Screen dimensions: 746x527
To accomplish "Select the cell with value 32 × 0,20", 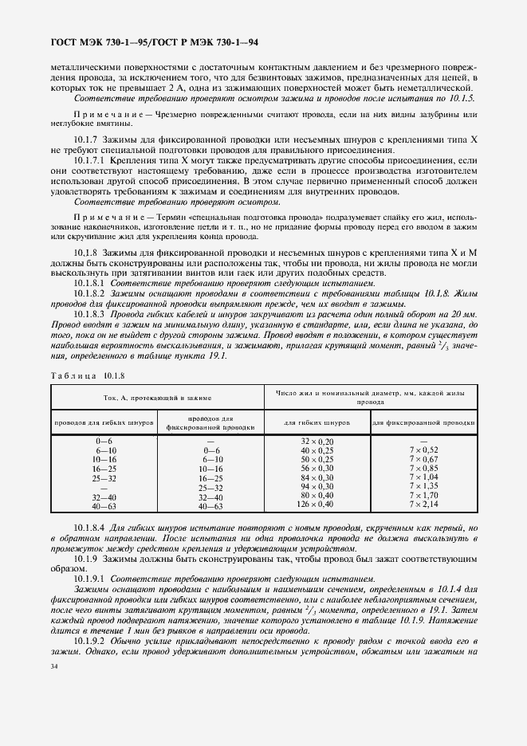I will (x=317, y=441).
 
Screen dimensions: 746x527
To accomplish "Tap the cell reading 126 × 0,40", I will (x=317, y=505).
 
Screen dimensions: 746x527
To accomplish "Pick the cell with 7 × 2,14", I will (x=423, y=505).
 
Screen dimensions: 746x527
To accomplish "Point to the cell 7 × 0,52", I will (x=423, y=450).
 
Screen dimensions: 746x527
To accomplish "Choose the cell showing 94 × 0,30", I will (x=317, y=486).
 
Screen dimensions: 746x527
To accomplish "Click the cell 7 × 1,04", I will (x=423, y=477).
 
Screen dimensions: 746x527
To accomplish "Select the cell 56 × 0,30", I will (x=317, y=469).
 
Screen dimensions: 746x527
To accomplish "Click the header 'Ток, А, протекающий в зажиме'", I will (x=157, y=396).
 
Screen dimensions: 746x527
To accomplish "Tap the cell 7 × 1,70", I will (x=423, y=496).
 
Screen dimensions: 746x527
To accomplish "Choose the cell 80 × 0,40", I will (x=317, y=496).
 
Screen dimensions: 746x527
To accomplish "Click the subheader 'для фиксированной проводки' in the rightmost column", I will (x=423, y=422).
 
